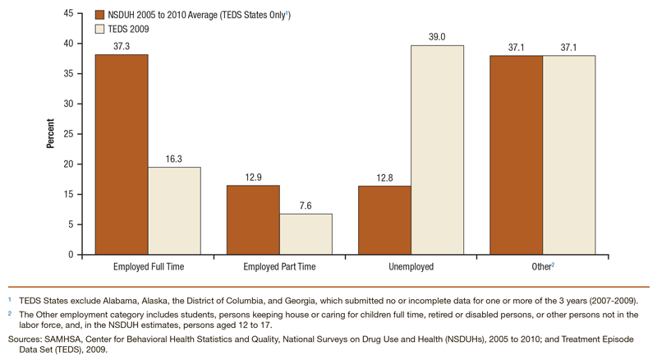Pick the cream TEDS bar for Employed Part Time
coord(306,234)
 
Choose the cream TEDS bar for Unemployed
coord(437,150)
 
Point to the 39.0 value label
coord(437,37)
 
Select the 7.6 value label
coord(306,205)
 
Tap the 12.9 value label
coord(253,178)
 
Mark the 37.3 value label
coord(122,47)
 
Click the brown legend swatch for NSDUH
coord(100,15)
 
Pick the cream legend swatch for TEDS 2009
coord(100,30)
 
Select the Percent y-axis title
coord(50,133)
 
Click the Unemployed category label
coord(411,267)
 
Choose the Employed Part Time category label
coord(279,267)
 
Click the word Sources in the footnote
coord(22,337)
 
